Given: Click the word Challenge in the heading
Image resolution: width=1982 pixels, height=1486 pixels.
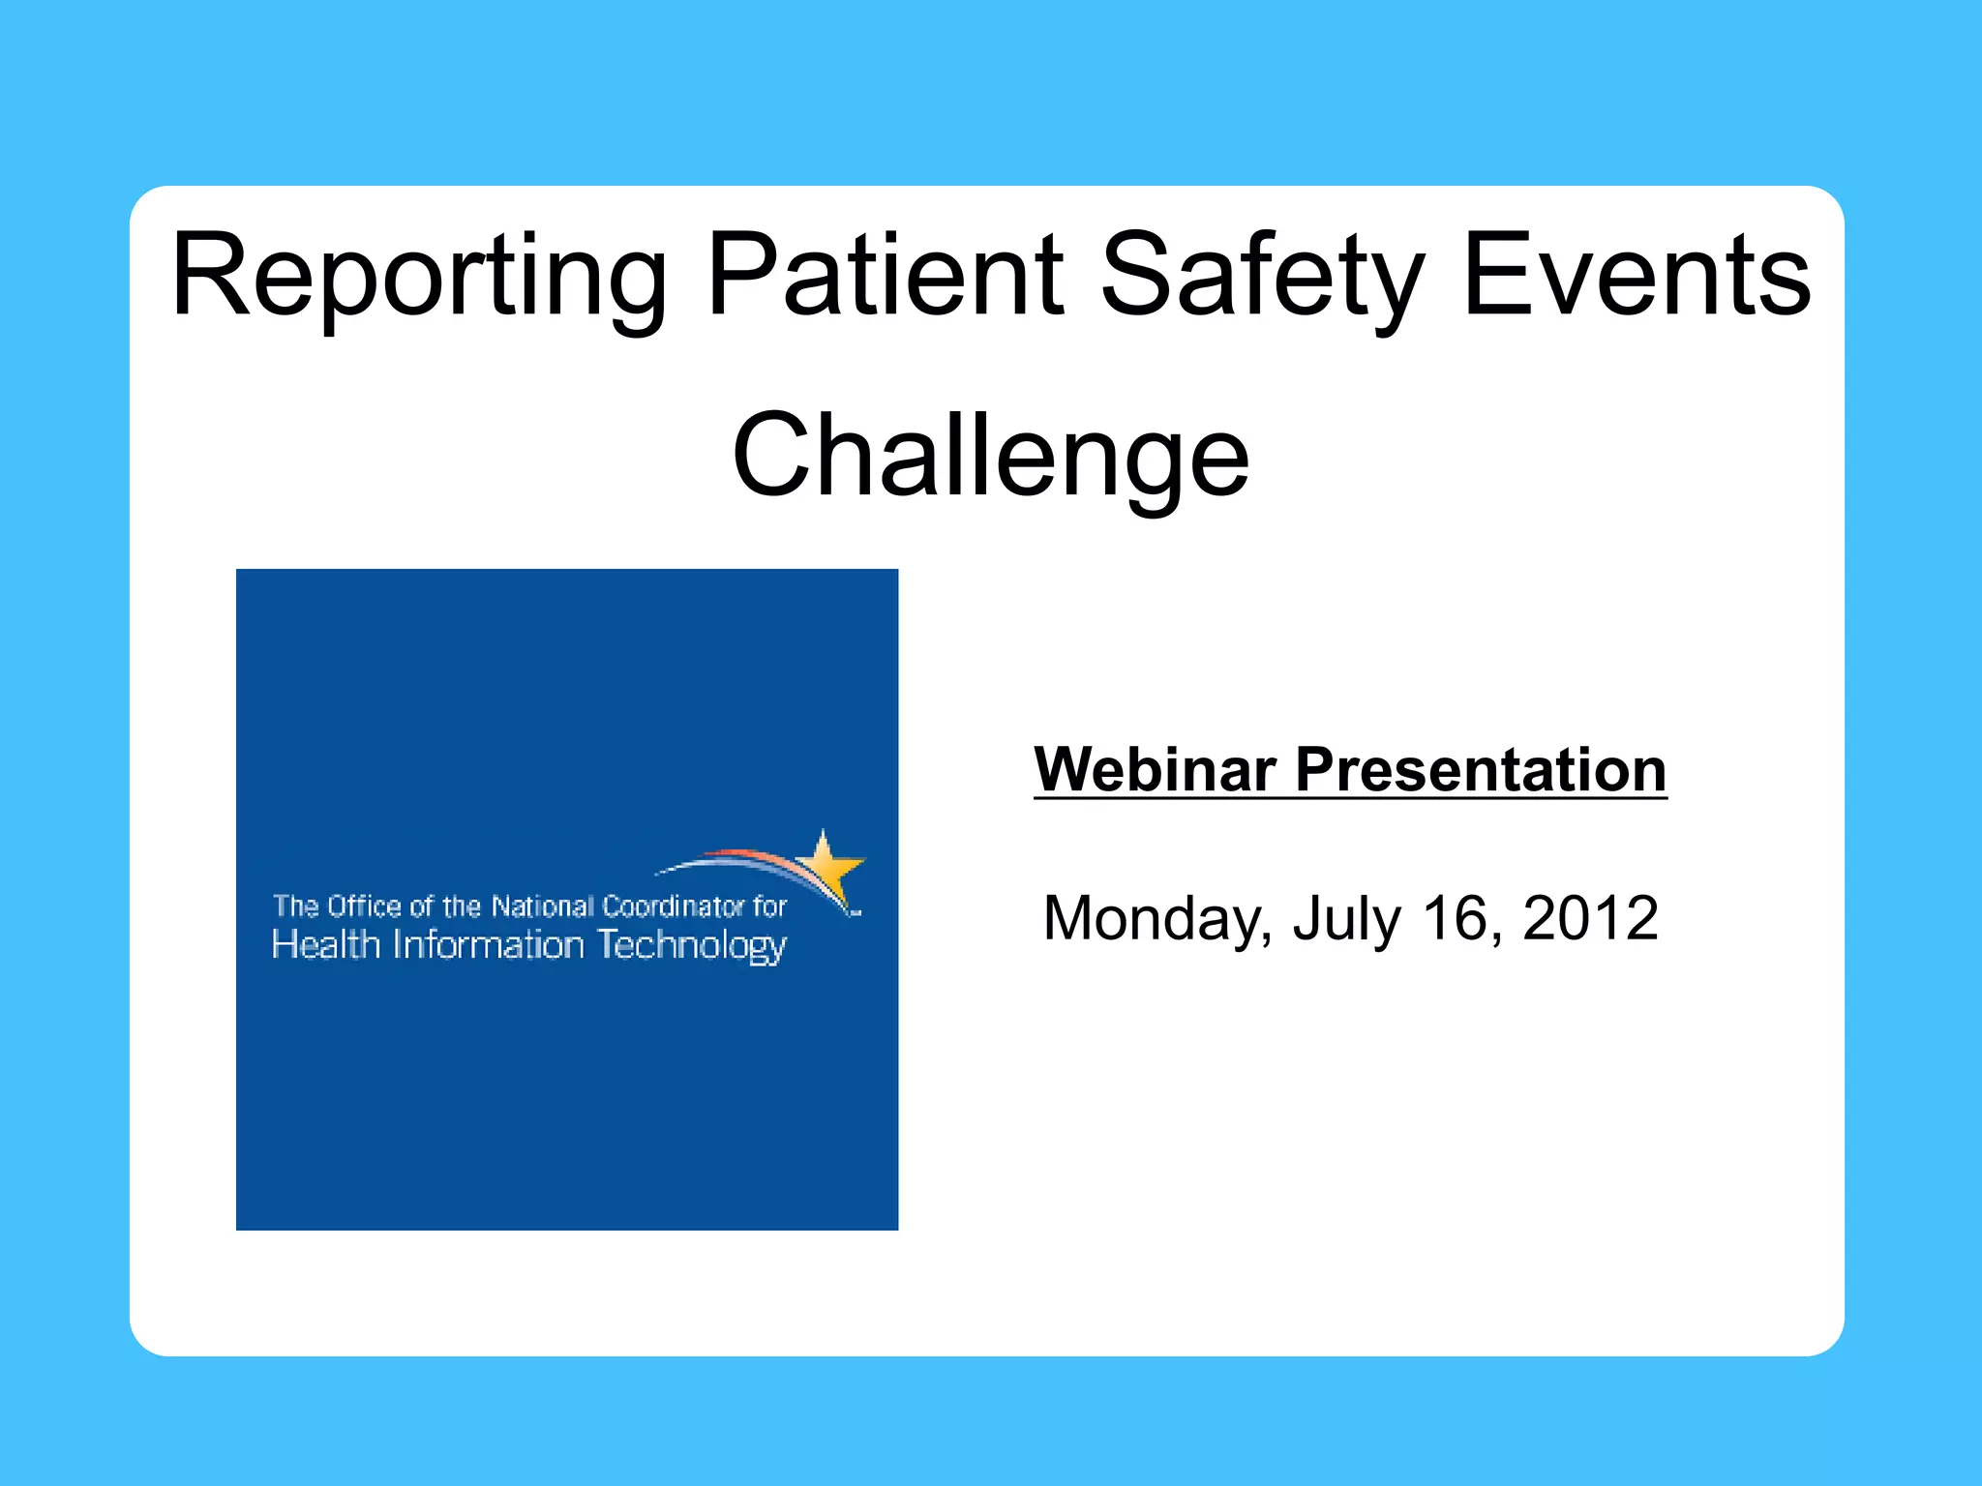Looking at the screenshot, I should [990, 457].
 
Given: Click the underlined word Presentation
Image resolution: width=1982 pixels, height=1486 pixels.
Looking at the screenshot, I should [1481, 770].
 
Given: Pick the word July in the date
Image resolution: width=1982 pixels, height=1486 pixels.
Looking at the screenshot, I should [1346, 918].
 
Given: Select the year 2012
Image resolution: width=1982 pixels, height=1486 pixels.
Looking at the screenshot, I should [1590, 918].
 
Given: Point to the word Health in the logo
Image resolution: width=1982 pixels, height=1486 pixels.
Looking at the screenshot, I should [326, 944].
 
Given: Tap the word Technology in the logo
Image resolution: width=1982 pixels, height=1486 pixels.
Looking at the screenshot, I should [691, 946].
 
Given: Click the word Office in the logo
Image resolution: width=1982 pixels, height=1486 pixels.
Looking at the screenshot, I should [364, 906].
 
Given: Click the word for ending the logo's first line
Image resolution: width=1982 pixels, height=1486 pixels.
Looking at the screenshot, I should [770, 906].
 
